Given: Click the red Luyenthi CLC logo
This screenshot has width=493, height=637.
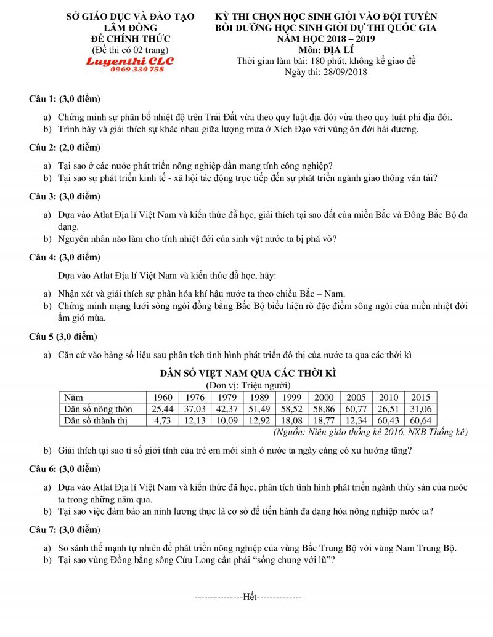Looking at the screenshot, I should (130, 61).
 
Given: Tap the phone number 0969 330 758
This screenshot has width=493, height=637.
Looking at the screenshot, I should (137, 70).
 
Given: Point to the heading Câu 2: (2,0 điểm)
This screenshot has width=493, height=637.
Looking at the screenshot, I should (65, 148).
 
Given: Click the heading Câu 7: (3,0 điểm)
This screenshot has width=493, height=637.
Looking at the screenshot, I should (65, 530).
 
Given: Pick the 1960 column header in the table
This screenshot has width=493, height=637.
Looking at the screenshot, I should (162, 398).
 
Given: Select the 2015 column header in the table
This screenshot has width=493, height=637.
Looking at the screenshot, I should (421, 398).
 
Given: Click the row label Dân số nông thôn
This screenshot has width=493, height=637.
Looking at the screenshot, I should (99, 409).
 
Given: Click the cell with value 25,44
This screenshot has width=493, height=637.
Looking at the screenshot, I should (162, 409).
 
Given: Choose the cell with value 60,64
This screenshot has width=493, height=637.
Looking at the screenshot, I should (421, 420).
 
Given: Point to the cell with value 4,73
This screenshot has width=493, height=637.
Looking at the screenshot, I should (163, 420).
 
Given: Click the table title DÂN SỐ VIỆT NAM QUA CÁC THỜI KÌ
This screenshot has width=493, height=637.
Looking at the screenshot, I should (248, 374).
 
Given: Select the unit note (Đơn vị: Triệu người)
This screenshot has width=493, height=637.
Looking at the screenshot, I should (248, 385).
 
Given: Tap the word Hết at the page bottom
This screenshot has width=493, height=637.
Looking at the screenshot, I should (249, 597).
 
